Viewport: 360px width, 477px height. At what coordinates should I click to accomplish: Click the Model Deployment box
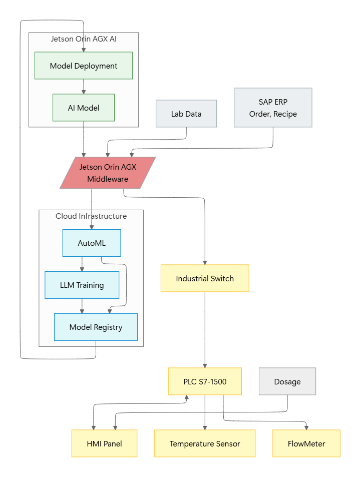pos(84,66)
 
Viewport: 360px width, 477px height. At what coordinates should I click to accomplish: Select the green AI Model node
pos(84,108)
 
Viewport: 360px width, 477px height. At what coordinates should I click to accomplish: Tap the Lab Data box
pos(186,114)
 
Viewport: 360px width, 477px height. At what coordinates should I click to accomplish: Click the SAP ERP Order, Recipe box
pos(273,108)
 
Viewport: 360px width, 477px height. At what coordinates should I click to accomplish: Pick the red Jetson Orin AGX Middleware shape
pos(108,173)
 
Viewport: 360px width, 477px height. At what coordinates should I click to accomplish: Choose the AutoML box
pos(92,243)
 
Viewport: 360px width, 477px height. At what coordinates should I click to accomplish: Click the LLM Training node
pos(82,285)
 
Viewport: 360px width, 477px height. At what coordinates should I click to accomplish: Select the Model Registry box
pos(96,327)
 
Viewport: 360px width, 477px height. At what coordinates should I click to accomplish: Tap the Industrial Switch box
pos(205,278)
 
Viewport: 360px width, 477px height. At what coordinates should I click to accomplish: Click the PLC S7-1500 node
pos(205,381)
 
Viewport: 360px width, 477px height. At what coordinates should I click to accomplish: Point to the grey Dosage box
pos(287,381)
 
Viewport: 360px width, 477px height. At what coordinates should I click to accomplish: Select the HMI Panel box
pos(104,443)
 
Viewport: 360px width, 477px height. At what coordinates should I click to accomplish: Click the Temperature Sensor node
pos(205,443)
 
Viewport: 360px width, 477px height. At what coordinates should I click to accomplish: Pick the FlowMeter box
pos(306,443)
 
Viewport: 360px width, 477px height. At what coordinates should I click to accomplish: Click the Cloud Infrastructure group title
pos(91,216)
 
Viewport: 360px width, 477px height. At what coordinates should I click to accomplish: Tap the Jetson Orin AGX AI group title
pos(84,39)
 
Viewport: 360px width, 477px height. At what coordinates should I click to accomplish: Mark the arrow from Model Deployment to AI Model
pos(84,86)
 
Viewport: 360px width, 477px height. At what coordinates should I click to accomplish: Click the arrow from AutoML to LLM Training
pos(82,264)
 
